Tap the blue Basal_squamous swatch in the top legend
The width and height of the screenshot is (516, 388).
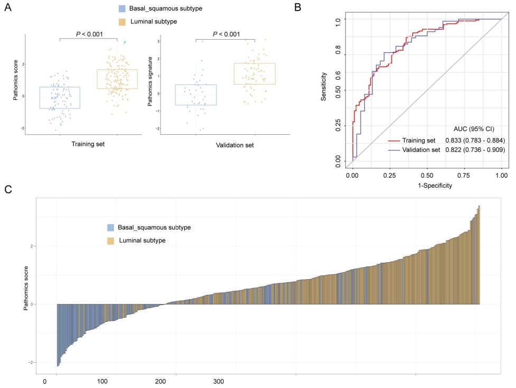tap(123, 8)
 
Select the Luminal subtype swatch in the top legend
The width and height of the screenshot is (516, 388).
tap(123, 22)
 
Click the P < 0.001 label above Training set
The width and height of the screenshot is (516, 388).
tap(88, 34)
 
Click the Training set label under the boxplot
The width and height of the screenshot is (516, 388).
tap(88, 145)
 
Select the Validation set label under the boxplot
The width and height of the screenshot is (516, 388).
tap(225, 145)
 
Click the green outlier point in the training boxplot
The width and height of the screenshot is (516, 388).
tap(125, 42)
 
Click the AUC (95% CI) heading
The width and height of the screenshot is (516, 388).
tap(474, 129)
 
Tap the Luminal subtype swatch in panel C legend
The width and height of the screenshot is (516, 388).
tap(110, 241)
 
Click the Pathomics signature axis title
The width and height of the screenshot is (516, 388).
tap(151, 85)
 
